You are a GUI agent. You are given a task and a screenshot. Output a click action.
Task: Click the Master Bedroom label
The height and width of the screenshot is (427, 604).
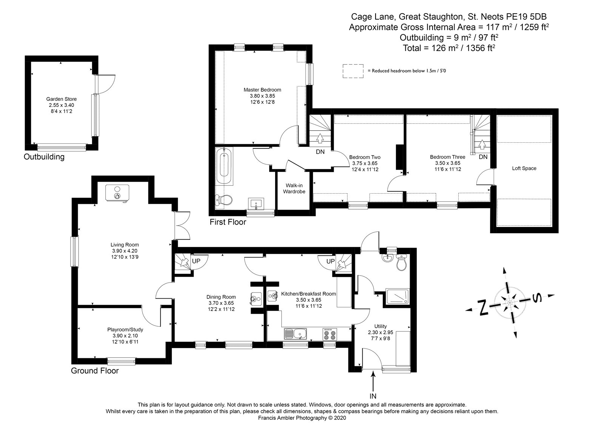(x=262, y=90)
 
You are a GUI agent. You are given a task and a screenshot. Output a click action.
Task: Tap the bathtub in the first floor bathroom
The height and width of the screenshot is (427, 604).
(x=224, y=166)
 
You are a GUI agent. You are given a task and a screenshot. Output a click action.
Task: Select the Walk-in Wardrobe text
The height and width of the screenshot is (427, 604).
(x=294, y=188)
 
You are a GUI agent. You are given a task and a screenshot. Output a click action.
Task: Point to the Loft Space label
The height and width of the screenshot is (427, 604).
(x=524, y=168)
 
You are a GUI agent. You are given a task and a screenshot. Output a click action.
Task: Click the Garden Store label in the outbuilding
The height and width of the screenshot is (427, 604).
(x=61, y=99)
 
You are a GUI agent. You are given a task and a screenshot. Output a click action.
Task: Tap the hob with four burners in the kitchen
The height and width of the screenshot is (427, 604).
(x=330, y=335)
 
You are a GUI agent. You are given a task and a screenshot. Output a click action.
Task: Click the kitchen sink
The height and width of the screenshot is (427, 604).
(x=295, y=334)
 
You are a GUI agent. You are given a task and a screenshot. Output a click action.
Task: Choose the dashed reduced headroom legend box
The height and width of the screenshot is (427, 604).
(x=353, y=71)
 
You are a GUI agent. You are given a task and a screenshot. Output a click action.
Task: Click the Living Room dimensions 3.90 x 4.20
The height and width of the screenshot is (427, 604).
(x=125, y=251)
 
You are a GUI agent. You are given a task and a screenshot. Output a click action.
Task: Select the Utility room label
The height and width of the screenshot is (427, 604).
(x=381, y=327)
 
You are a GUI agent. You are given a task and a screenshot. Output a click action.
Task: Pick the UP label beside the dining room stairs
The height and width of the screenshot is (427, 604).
(x=196, y=261)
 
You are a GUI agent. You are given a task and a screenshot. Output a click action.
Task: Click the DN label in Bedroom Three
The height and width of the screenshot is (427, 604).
(x=483, y=157)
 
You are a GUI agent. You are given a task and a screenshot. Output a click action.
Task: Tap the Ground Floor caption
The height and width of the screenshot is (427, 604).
(x=95, y=371)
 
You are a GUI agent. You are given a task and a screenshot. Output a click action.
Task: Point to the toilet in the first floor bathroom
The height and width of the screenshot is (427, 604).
(x=224, y=200)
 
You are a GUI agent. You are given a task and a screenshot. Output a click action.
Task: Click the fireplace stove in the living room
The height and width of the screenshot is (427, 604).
(x=117, y=193)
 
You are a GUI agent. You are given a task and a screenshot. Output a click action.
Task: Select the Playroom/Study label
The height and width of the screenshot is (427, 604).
(x=125, y=330)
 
